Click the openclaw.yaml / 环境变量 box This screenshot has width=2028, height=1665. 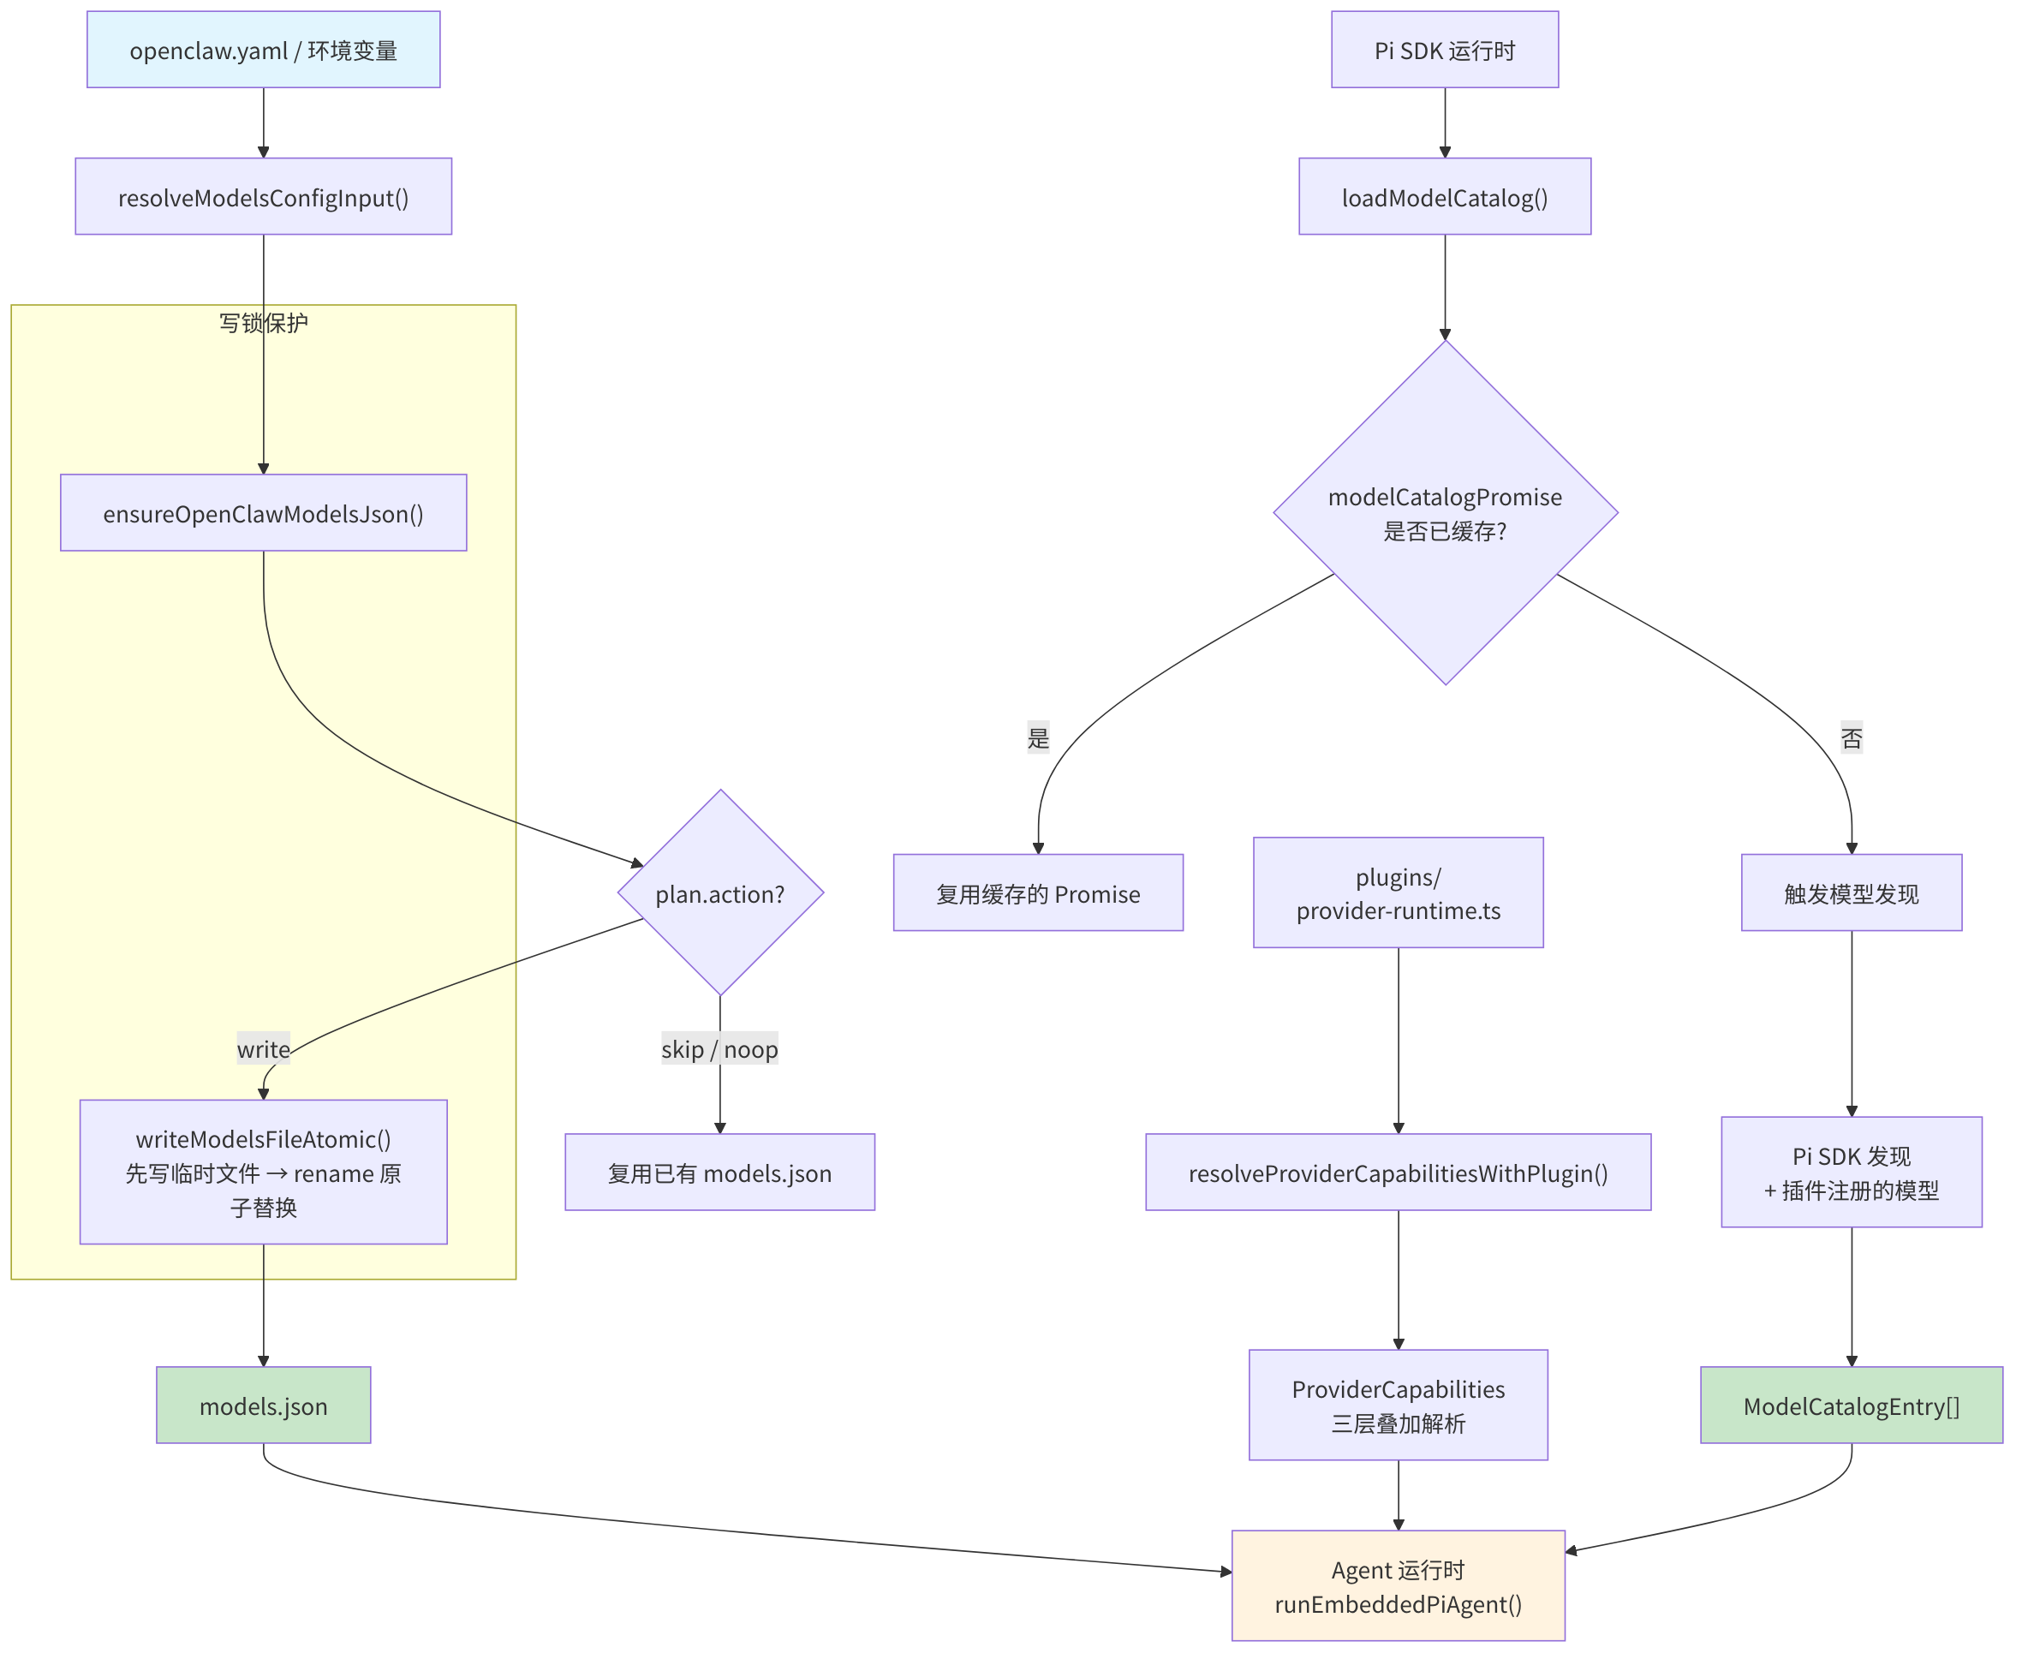(x=263, y=50)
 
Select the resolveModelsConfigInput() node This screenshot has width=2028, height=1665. (x=263, y=197)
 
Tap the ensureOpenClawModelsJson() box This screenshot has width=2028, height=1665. (x=263, y=512)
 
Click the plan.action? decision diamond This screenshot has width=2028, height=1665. (x=720, y=893)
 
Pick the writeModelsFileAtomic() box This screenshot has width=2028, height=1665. (x=263, y=1172)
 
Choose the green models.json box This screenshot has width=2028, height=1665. (x=263, y=1405)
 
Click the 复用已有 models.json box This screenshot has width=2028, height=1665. (x=719, y=1172)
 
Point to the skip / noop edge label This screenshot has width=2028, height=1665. (x=719, y=1049)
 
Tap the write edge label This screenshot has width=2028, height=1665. (x=263, y=1049)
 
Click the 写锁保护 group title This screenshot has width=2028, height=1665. (x=263, y=323)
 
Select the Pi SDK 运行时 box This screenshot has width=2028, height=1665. (x=1444, y=50)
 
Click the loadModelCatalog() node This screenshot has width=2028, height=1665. (x=1444, y=197)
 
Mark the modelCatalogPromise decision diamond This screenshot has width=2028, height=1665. (x=1445, y=513)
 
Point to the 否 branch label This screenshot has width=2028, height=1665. (x=1851, y=737)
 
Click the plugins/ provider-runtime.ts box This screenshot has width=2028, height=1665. (x=1398, y=893)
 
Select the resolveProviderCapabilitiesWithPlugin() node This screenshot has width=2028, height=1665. (x=1398, y=1172)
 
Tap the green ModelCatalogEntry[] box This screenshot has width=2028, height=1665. (x=1851, y=1405)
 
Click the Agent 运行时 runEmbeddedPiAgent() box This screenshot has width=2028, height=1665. (x=1398, y=1586)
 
